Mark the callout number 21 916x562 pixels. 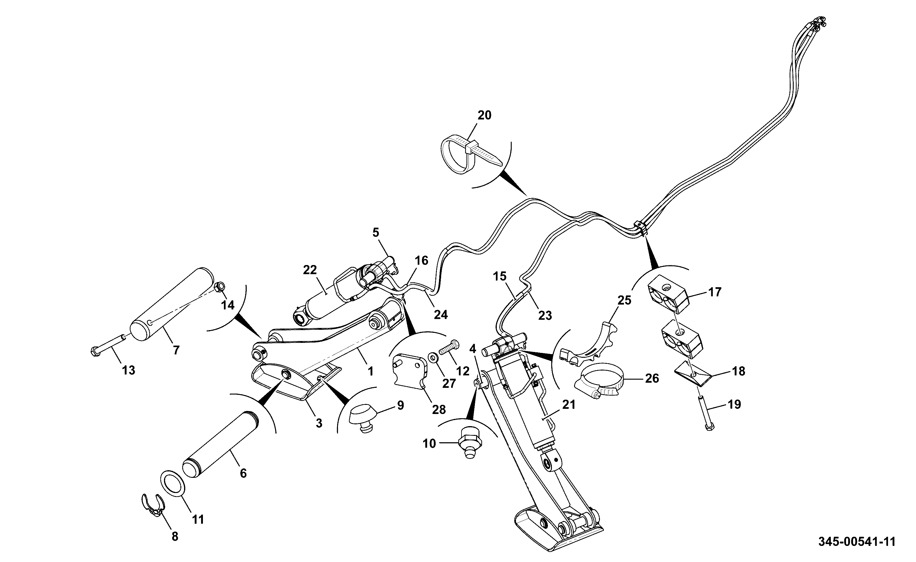click(569, 404)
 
